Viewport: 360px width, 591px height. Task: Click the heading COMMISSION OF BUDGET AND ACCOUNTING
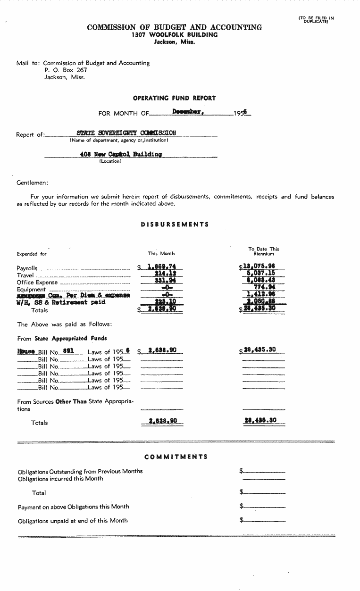tap(174, 27)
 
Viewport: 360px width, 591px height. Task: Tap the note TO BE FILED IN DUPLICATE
tap(316, 20)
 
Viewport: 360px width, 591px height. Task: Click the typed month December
tap(188, 112)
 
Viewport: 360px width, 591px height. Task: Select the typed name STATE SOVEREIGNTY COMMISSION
tap(126, 133)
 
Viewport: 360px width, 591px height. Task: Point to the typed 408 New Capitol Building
tap(121, 154)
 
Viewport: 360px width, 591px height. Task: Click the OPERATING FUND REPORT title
tap(174, 98)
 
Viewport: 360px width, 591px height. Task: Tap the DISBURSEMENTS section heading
tap(175, 225)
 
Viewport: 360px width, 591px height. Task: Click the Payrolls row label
tap(27, 268)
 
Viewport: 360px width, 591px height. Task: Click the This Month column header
tap(161, 253)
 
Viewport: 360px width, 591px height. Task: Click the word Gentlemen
tap(32, 183)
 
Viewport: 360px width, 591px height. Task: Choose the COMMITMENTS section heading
tap(176, 457)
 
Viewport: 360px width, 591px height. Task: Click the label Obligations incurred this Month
tap(60, 478)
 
